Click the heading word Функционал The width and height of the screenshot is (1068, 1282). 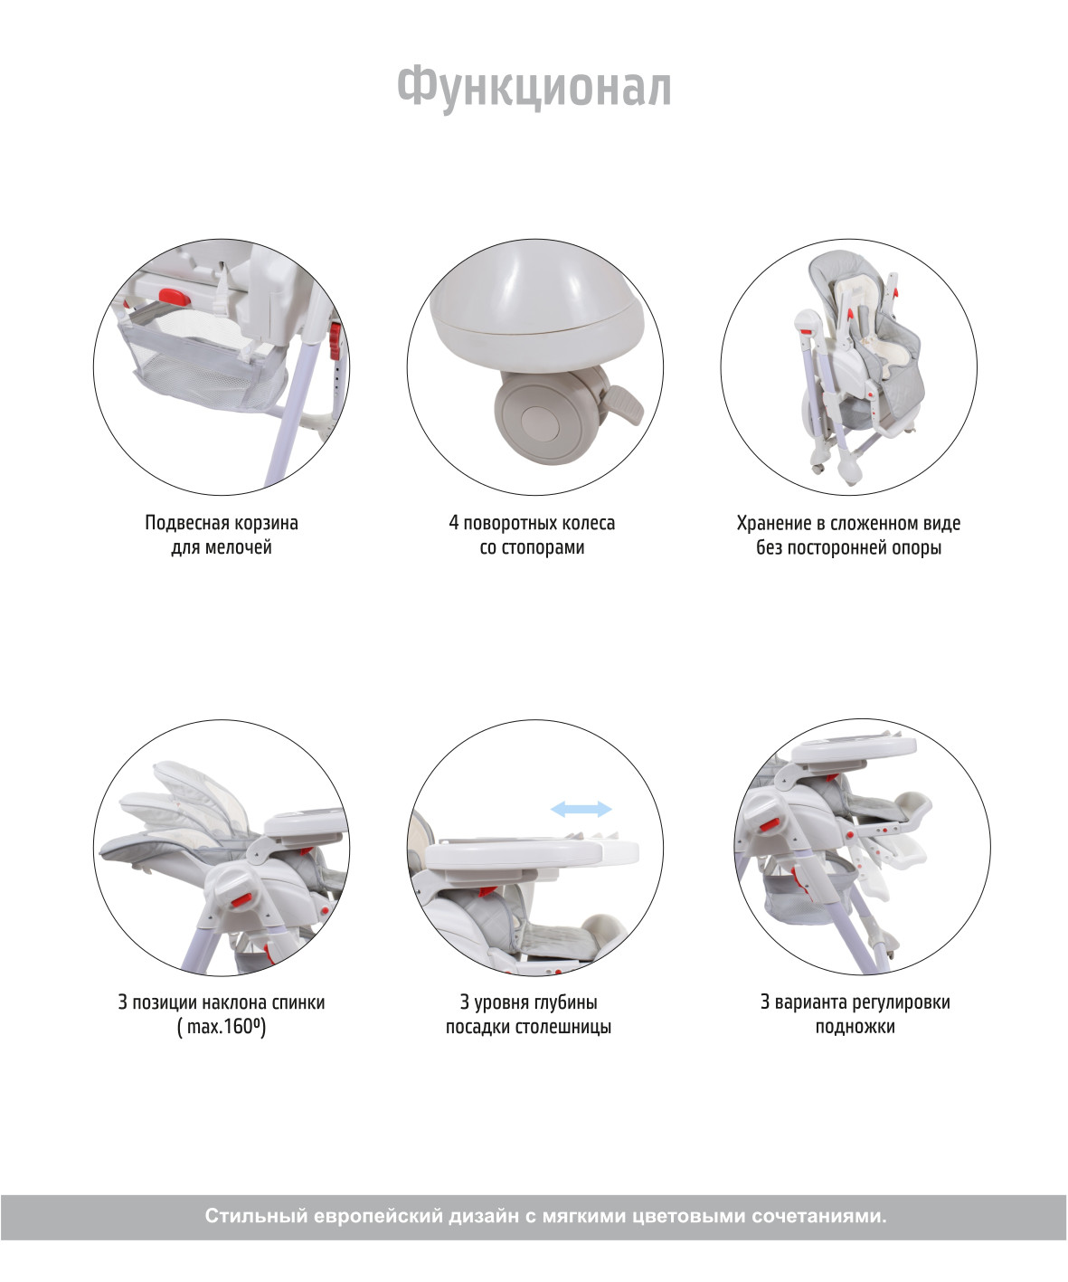tap(534, 89)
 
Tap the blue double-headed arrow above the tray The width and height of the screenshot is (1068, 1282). tap(581, 809)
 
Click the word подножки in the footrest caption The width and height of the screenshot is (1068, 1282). tap(855, 1027)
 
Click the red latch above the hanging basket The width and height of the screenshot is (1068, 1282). tap(174, 297)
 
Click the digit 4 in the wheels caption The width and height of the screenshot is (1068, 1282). tap(454, 523)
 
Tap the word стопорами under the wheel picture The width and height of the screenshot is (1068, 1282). tap(543, 547)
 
